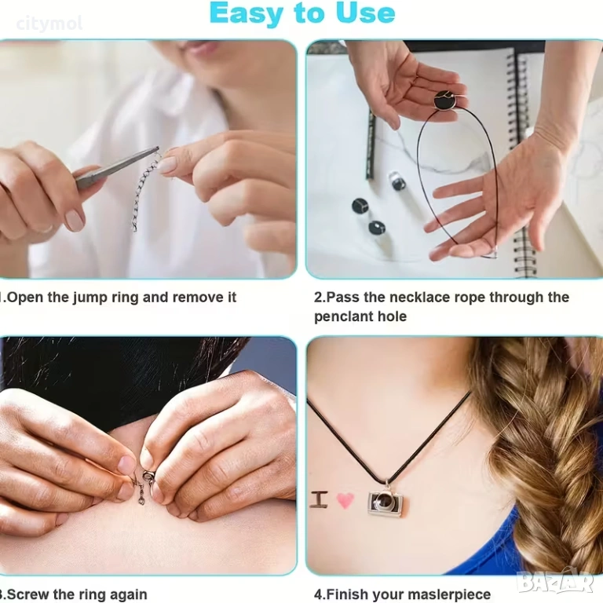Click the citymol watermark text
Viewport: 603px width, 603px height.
[x=49, y=24]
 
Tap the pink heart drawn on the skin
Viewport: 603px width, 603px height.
[x=345, y=500]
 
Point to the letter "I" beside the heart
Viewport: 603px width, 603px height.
[x=320, y=499]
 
